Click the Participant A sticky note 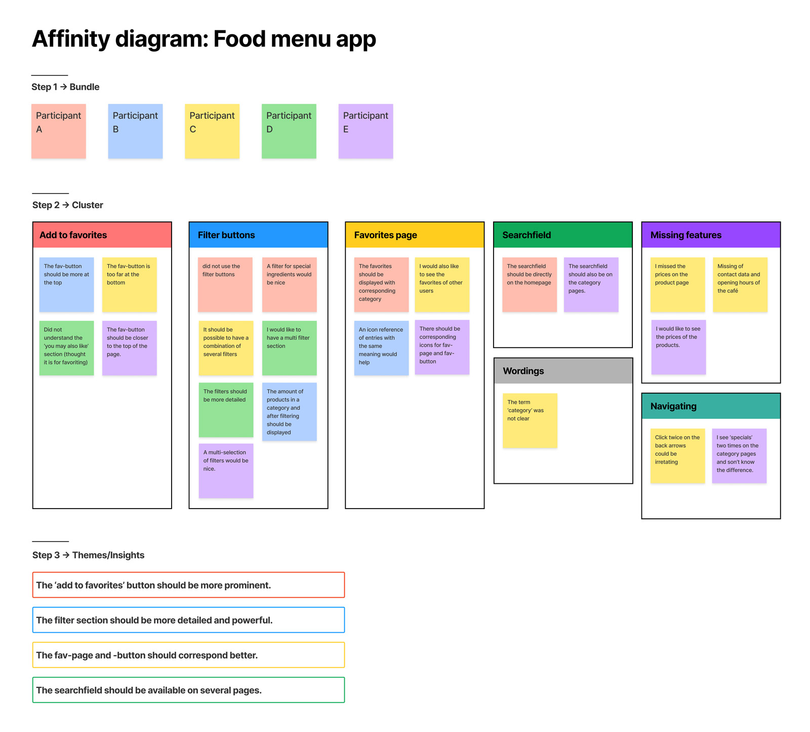pyautogui.click(x=59, y=131)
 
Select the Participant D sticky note pyautogui.click(x=289, y=131)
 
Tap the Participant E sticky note pyautogui.click(x=366, y=131)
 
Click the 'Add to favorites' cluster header pyautogui.click(x=102, y=235)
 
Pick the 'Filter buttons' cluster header pyautogui.click(x=258, y=235)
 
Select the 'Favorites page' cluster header pyautogui.click(x=415, y=235)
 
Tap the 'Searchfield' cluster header pyautogui.click(x=563, y=235)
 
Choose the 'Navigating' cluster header pyautogui.click(x=711, y=406)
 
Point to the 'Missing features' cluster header pyautogui.click(x=711, y=235)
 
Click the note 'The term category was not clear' pyautogui.click(x=530, y=420)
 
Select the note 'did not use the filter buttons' pyautogui.click(x=225, y=285)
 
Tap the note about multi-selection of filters pyautogui.click(x=226, y=471)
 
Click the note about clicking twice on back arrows pyautogui.click(x=677, y=456)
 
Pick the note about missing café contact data pyautogui.click(x=740, y=285)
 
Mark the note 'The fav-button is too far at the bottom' pyautogui.click(x=130, y=285)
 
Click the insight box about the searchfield pyautogui.click(x=188, y=690)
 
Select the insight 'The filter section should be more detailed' pyautogui.click(x=188, y=620)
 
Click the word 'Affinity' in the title pyautogui.click(x=71, y=39)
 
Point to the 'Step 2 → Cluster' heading pyautogui.click(x=68, y=205)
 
